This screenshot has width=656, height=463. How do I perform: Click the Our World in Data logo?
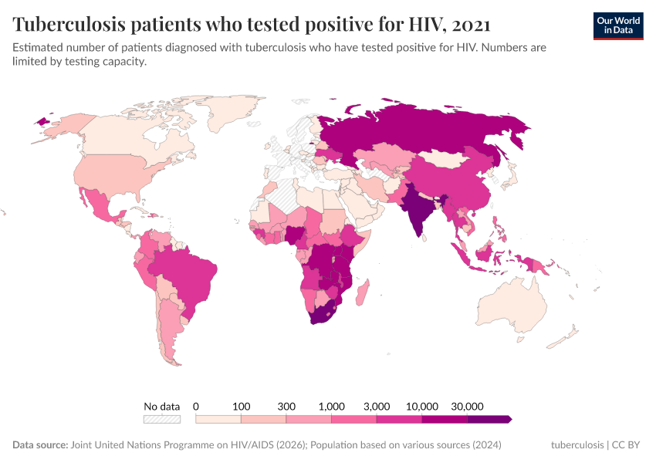617,25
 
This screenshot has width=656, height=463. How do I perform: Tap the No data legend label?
161,406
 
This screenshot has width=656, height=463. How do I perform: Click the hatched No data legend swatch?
161,419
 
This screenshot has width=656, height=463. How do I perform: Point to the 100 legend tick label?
242,406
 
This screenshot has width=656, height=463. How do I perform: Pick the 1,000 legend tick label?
332,406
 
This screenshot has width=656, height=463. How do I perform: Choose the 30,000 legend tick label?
467,406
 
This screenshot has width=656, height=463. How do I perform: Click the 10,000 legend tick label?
422,406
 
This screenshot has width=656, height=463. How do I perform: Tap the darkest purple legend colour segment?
489,419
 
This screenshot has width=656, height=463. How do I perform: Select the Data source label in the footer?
39,445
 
